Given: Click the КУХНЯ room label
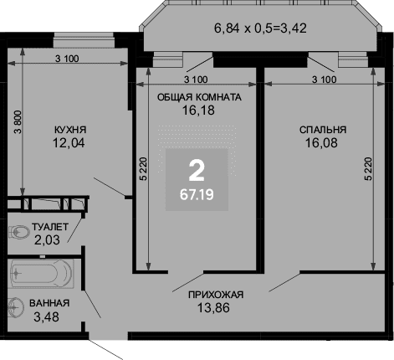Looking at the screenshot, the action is [x=70, y=130].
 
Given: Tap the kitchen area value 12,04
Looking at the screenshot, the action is [x=69, y=143].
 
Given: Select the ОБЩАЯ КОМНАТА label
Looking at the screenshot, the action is [x=199, y=97].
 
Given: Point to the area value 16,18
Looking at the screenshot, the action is [x=198, y=111].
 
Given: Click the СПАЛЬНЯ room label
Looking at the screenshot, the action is [x=323, y=130].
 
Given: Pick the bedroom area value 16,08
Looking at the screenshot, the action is [x=321, y=143].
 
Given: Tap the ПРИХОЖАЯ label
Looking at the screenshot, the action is [x=216, y=295].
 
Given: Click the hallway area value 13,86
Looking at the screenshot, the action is [x=213, y=308].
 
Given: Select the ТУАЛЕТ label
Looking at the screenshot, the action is [x=50, y=227].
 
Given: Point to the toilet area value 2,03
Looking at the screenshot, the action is [x=47, y=240].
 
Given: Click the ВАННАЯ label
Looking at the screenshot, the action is [x=49, y=303].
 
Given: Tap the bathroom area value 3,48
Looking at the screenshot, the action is [x=46, y=317].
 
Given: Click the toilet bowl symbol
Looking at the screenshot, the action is [x=19, y=232].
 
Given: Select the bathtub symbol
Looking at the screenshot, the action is [x=41, y=274].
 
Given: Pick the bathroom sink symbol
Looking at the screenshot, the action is [x=16, y=307].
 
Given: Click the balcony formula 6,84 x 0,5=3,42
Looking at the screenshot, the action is [x=260, y=28].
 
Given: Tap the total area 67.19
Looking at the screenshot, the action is [x=197, y=194].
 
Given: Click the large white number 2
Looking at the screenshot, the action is [x=197, y=171].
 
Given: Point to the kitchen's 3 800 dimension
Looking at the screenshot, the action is [x=18, y=122].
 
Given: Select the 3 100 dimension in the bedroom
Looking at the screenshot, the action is [x=325, y=80].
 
